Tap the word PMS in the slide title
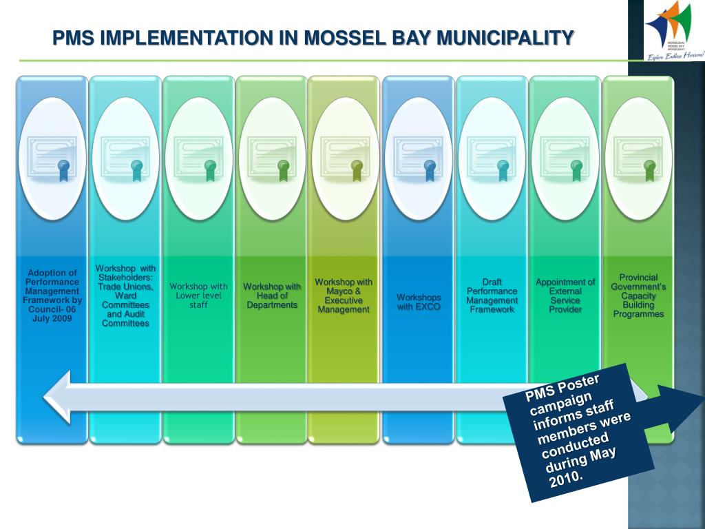75,38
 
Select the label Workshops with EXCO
419,302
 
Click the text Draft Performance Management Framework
492,296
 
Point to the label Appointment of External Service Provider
565,295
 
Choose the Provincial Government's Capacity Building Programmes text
638,295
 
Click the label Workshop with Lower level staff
199,295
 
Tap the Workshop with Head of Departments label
272,295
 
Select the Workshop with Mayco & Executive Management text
344,295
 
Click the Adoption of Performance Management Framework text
53,295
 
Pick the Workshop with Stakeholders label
125,295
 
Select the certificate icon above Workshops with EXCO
419,158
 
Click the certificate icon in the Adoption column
53,158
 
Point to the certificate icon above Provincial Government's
638,158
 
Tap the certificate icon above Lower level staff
199,158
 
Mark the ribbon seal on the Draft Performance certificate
503,169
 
